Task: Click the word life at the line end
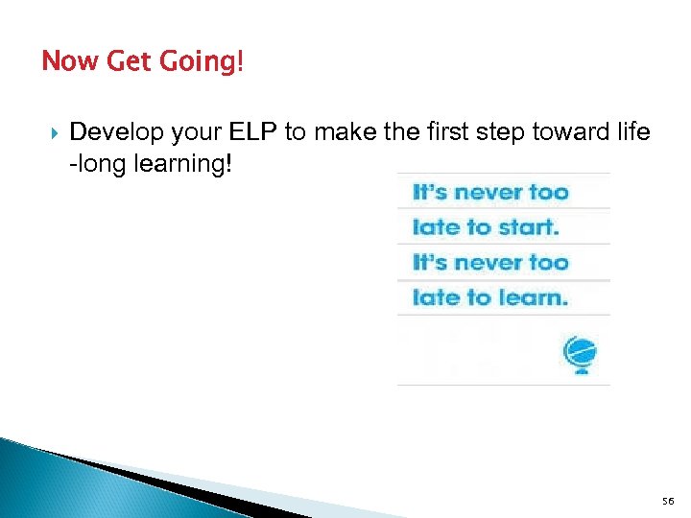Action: (634, 131)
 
